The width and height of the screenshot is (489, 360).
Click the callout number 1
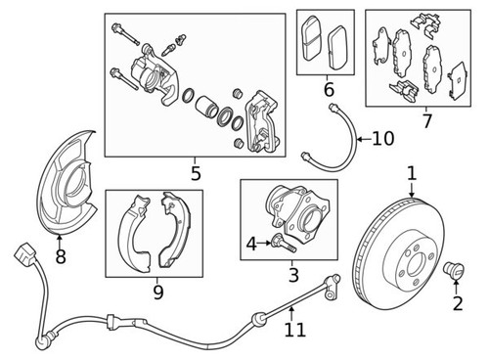click(412, 173)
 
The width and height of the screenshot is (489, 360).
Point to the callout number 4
click(250, 242)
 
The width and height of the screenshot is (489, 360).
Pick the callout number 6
click(328, 90)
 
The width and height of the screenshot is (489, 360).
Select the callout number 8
click(61, 258)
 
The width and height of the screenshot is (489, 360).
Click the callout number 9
click(157, 291)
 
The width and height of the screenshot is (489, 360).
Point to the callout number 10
click(382, 139)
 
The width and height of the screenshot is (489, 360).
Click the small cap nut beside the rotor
click(454, 269)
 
